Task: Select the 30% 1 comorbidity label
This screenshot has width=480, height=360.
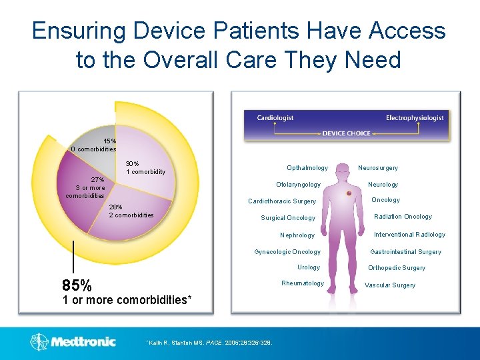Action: coord(145,167)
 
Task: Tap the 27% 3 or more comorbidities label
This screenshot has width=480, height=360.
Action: coord(86,187)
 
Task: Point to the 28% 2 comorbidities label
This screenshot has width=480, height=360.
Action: coord(131,211)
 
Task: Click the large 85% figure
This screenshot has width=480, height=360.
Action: coord(77,285)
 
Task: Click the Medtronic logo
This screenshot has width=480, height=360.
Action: coord(73,342)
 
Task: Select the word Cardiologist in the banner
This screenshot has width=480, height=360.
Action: coord(275,118)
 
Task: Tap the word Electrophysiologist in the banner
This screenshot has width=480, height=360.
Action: coord(414,118)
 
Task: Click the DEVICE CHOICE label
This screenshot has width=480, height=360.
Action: coord(346,133)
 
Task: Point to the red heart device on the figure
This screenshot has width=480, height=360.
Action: coord(349,194)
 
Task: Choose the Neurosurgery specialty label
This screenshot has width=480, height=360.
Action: coord(378,168)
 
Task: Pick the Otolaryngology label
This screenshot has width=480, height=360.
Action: coord(298,185)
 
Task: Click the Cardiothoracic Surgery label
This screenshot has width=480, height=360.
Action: coord(282,201)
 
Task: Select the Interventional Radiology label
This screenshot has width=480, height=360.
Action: coord(409,235)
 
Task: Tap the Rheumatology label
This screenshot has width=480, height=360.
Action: coord(303,283)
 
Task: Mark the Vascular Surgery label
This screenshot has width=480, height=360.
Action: coord(390,285)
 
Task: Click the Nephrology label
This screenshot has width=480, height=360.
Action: coord(297,235)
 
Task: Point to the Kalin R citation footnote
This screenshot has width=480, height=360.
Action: coord(213,343)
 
